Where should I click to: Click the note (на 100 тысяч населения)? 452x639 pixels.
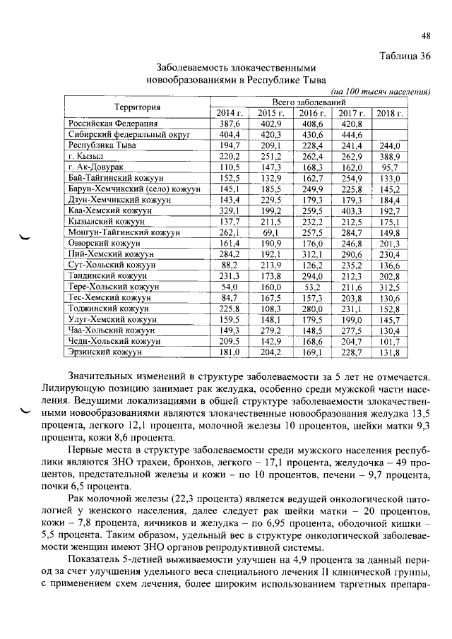(x=381, y=92)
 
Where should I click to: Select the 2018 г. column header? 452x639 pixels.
(x=389, y=113)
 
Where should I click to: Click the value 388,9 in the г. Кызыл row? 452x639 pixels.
(x=389, y=156)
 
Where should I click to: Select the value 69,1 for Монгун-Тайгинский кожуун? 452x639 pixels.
(x=270, y=232)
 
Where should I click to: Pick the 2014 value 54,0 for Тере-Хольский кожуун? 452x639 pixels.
(x=230, y=287)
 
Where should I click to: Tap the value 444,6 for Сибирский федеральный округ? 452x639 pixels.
(x=350, y=134)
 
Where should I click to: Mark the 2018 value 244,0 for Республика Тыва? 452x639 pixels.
(x=389, y=145)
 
